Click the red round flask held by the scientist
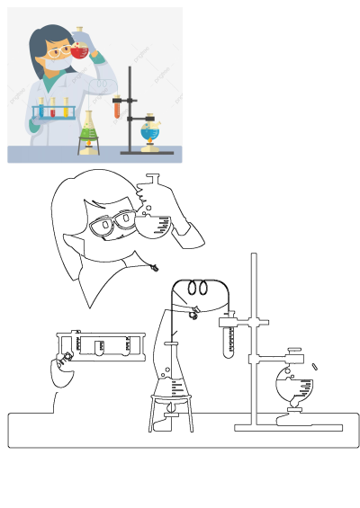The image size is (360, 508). pyautogui.click(x=81, y=51)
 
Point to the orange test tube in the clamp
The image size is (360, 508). pyautogui.click(x=117, y=109)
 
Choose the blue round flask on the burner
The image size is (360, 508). pyautogui.click(x=150, y=134)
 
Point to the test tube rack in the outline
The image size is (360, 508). pyautogui.click(x=100, y=345)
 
